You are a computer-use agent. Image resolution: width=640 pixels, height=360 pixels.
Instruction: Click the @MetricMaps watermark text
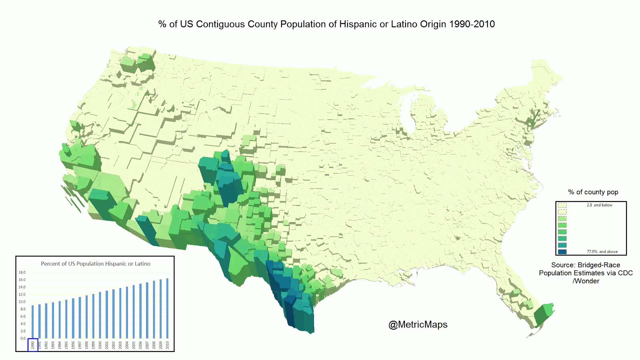(418, 324)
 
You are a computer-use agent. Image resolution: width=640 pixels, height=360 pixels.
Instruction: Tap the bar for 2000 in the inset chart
(100, 316)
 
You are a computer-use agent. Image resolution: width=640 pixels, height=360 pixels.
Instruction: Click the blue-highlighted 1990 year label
(33, 345)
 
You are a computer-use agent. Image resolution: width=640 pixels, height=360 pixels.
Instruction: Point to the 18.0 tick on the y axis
(22, 272)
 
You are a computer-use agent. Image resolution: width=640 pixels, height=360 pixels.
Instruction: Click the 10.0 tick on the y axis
(22, 302)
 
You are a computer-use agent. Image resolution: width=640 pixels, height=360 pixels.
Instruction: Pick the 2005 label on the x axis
(134, 345)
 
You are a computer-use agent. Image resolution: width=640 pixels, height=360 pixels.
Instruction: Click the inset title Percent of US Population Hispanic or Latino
(96, 264)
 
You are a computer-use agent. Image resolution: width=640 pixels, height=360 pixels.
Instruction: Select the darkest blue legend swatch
(562, 252)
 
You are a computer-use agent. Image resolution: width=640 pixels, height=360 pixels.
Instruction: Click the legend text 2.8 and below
(599, 205)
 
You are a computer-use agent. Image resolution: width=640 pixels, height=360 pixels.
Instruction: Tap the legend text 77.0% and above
(602, 252)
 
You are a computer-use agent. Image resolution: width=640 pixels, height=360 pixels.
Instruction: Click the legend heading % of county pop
(593, 192)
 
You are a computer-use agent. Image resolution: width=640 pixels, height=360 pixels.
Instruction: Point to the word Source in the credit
(562, 265)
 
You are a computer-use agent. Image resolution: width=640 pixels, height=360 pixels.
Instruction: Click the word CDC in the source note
(625, 273)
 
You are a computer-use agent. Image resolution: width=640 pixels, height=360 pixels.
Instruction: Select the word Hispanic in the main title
(358, 24)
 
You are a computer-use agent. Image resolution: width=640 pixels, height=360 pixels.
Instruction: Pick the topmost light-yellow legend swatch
(562, 205)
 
